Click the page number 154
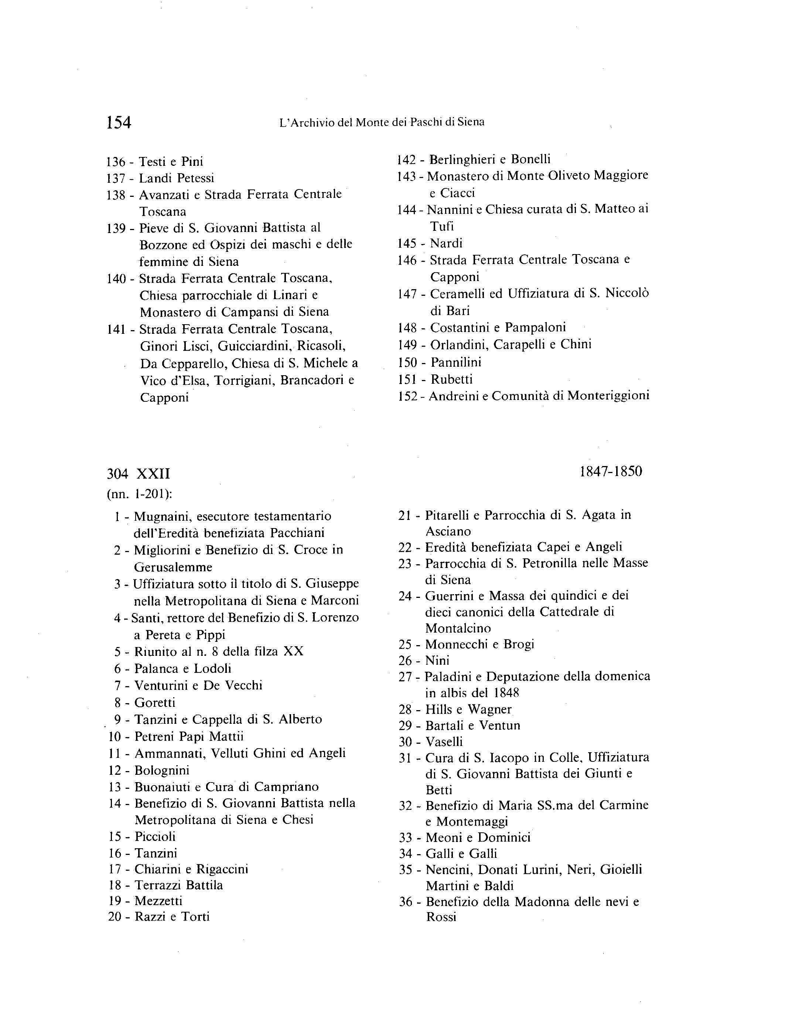pyautogui.click(x=119, y=123)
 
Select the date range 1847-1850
pyautogui.click(x=611, y=472)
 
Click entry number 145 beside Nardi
pyautogui.click(x=407, y=244)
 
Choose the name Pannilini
pyautogui.click(x=456, y=362)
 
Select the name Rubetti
pyautogui.click(x=452, y=379)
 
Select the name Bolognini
pyautogui.click(x=162, y=771)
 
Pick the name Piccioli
pyautogui.click(x=155, y=836)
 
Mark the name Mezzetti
pyautogui.click(x=158, y=901)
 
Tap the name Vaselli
pyautogui.click(x=444, y=742)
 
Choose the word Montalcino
pyautogui.click(x=458, y=628)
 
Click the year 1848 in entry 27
pyautogui.click(x=506, y=693)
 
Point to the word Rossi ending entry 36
pyautogui.click(x=441, y=917)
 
